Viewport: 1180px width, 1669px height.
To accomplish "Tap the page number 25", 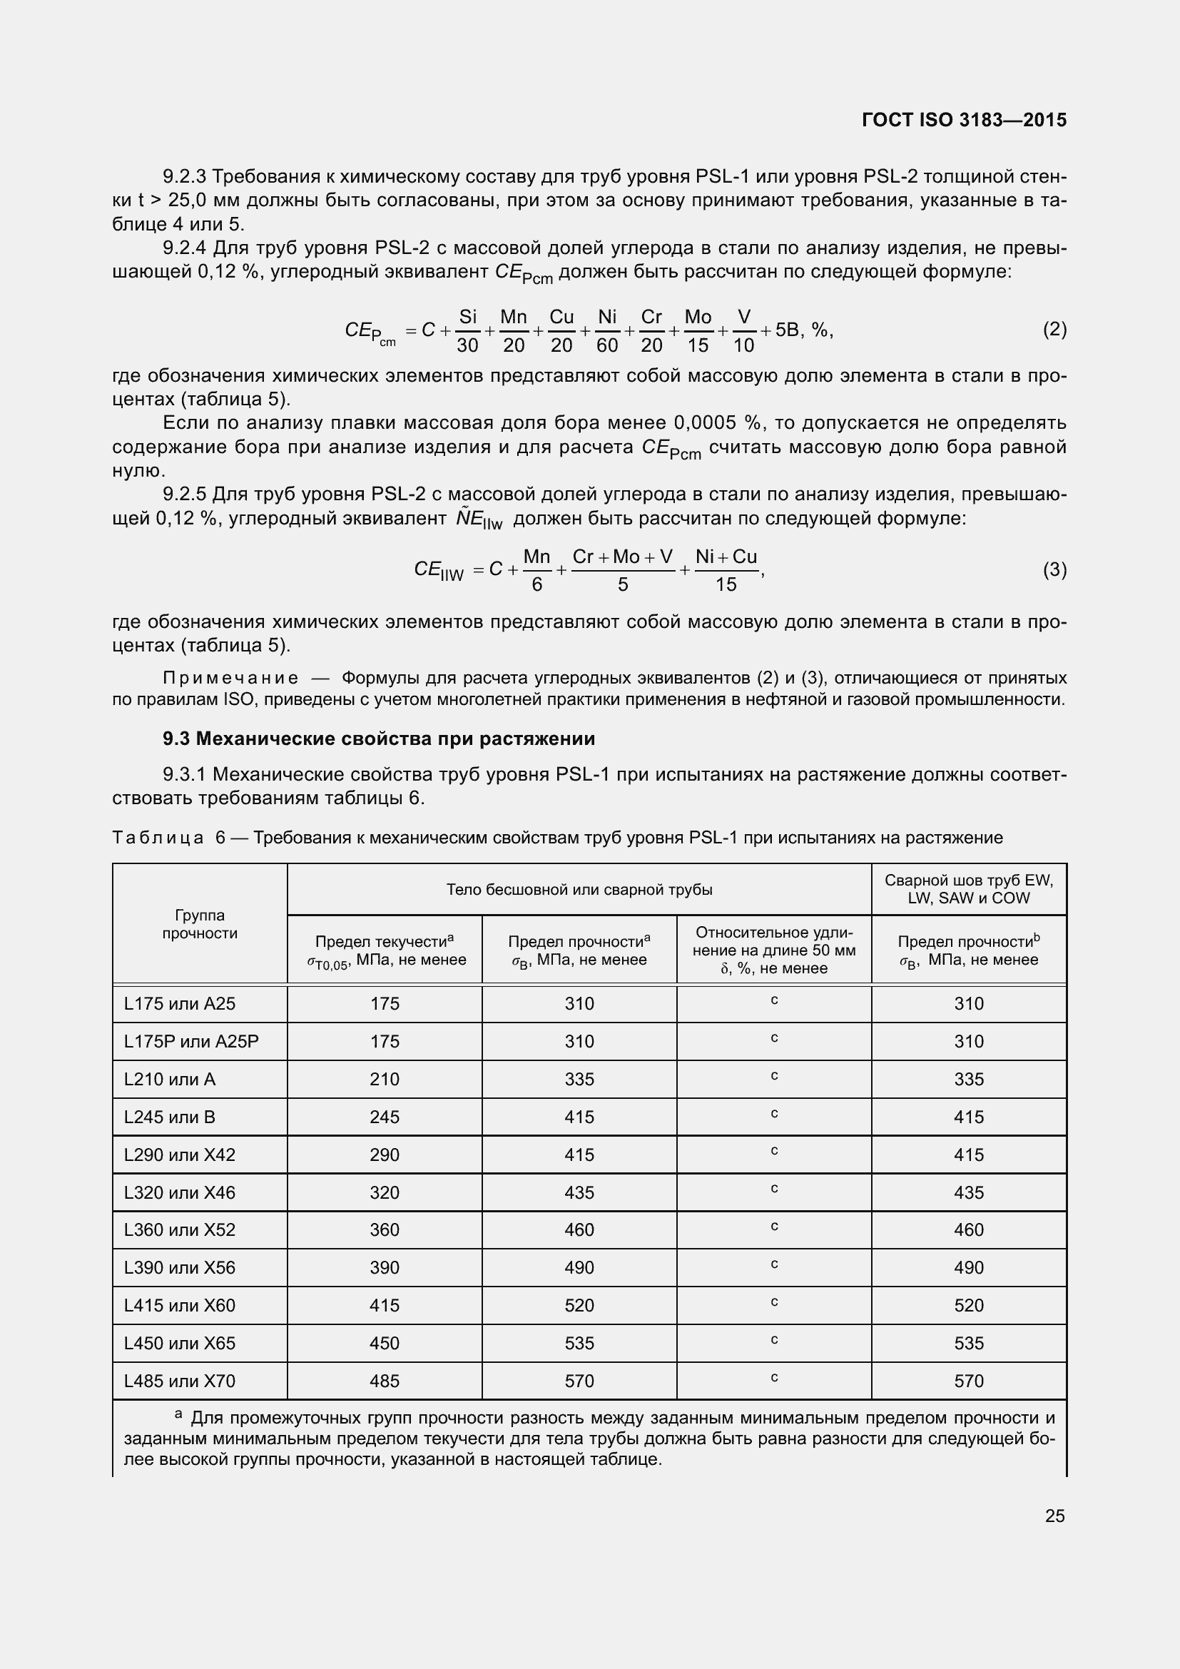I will pos(1054,1516).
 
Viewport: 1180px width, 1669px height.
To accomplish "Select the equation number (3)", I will pos(1054,569).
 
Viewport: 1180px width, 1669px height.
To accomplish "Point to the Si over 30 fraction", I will pos(467,331).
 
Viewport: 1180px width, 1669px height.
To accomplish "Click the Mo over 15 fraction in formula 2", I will pos(698,331).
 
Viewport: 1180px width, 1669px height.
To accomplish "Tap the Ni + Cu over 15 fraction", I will pos(726,570).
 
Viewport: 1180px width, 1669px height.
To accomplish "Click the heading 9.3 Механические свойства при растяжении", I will pos(379,739).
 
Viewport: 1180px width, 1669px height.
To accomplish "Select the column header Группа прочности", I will pos(200,924).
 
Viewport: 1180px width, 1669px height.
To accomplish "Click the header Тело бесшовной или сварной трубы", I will pos(579,889).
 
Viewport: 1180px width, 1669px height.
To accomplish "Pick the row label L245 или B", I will pos(169,1117).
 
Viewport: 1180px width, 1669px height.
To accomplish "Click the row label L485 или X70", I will pos(180,1381).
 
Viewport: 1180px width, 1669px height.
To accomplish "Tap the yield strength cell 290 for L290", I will pos(385,1155).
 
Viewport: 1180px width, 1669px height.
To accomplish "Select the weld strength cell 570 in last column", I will pos(969,1381).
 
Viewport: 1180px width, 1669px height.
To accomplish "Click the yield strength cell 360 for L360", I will pos(385,1230).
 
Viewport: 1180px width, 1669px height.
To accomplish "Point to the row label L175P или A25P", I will pos(191,1041).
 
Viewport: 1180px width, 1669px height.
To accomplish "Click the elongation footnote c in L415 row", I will pos(774,1302).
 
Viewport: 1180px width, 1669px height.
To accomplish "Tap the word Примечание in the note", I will pos(230,677).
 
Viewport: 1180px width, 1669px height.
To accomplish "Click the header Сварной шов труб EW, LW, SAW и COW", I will pos(969,888).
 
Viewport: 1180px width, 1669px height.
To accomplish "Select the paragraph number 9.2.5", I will pos(185,494).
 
